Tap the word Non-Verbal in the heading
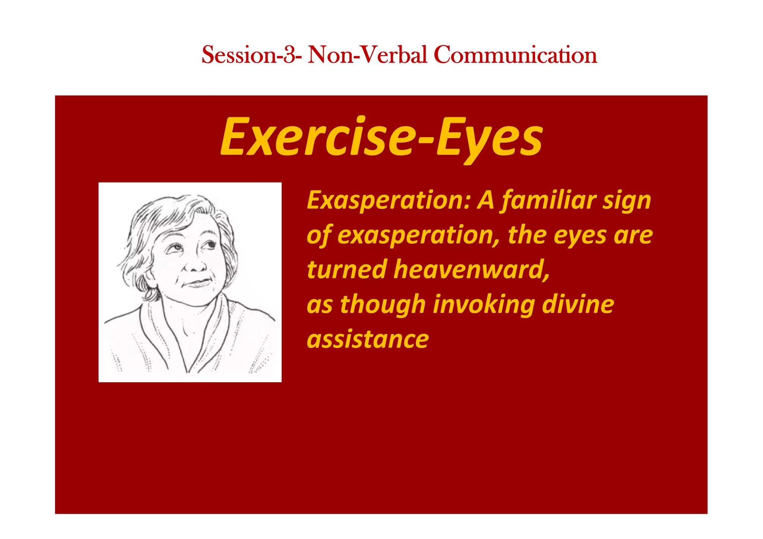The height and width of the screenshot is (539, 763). (367, 55)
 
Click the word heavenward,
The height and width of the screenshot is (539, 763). (472, 269)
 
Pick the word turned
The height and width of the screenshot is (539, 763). (346, 269)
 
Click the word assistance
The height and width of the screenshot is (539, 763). (368, 339)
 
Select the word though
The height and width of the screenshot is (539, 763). (383, 305)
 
